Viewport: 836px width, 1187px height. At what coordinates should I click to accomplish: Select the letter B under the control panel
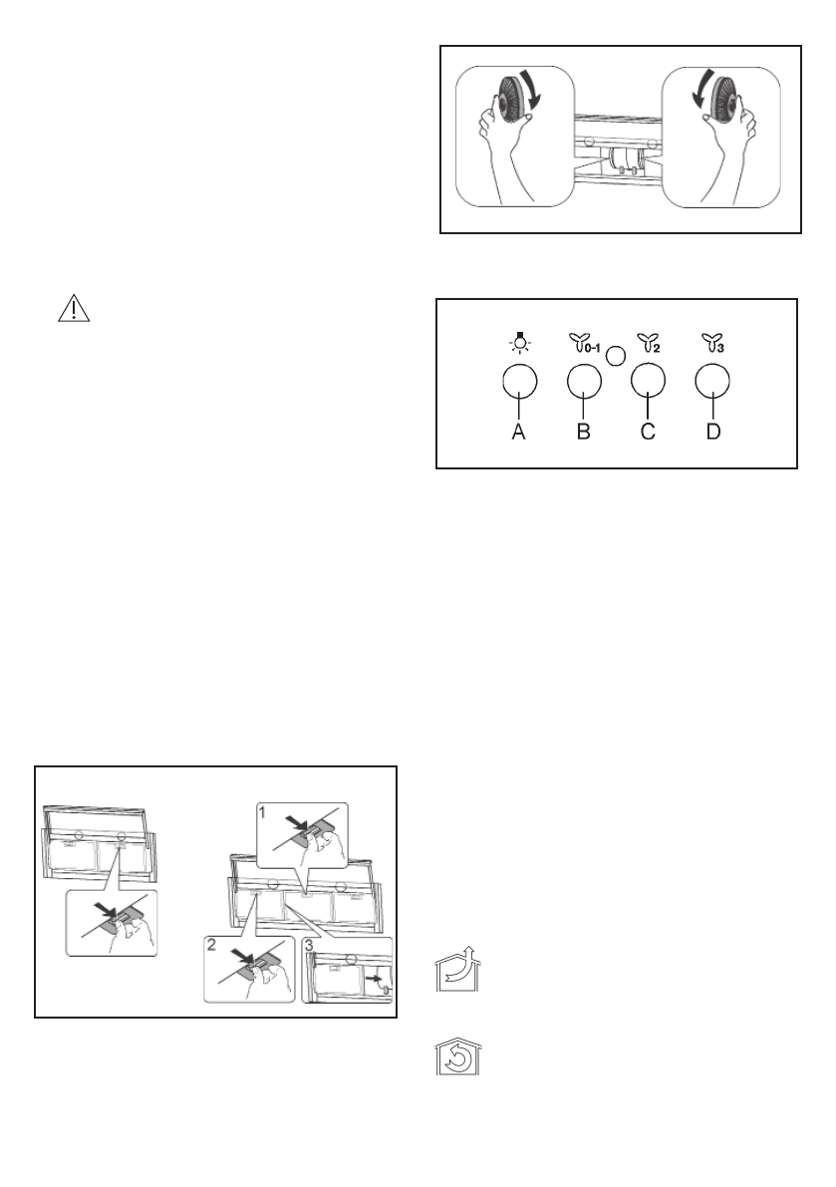click(x=585, y=434)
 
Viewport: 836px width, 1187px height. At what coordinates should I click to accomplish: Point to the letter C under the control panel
click(x=648, y=434)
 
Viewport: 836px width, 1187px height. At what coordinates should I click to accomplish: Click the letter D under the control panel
click(x=714, y=434)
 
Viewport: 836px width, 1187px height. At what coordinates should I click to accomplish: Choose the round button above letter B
click(x=585, y=383)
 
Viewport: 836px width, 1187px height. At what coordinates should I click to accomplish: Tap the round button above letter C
click(x=649, y=383)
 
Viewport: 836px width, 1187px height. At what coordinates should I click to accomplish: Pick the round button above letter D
click(x=714, y=383)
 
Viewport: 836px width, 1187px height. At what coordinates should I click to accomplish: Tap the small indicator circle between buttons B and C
click(x=617, y=353)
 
